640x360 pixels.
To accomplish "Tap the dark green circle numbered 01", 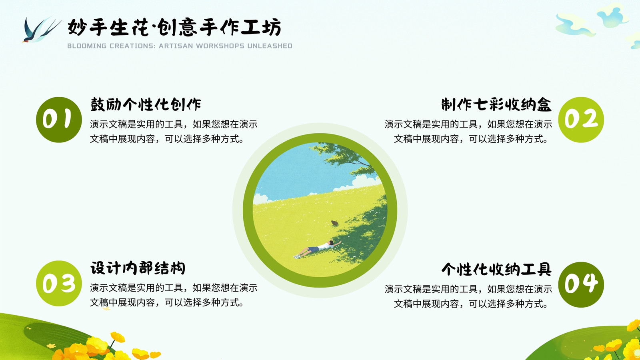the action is pos(59,120).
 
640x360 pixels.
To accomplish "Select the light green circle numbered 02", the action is pos(581,120).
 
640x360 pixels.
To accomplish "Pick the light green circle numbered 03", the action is pos(59,284).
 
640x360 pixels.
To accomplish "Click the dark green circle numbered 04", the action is pos(581,284).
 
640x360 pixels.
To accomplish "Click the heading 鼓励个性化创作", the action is pos(146,104).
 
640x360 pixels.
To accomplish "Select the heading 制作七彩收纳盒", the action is pos(496,104).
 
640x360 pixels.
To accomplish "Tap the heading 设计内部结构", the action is pos(138,268).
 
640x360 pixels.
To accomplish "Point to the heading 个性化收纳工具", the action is pos(496,269).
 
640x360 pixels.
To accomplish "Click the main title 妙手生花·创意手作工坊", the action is pos(174,27).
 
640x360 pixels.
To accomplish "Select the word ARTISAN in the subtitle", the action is pos(176,46).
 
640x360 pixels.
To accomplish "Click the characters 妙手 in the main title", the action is pos(87,27).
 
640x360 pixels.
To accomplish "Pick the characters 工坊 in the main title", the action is pos(261,27).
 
